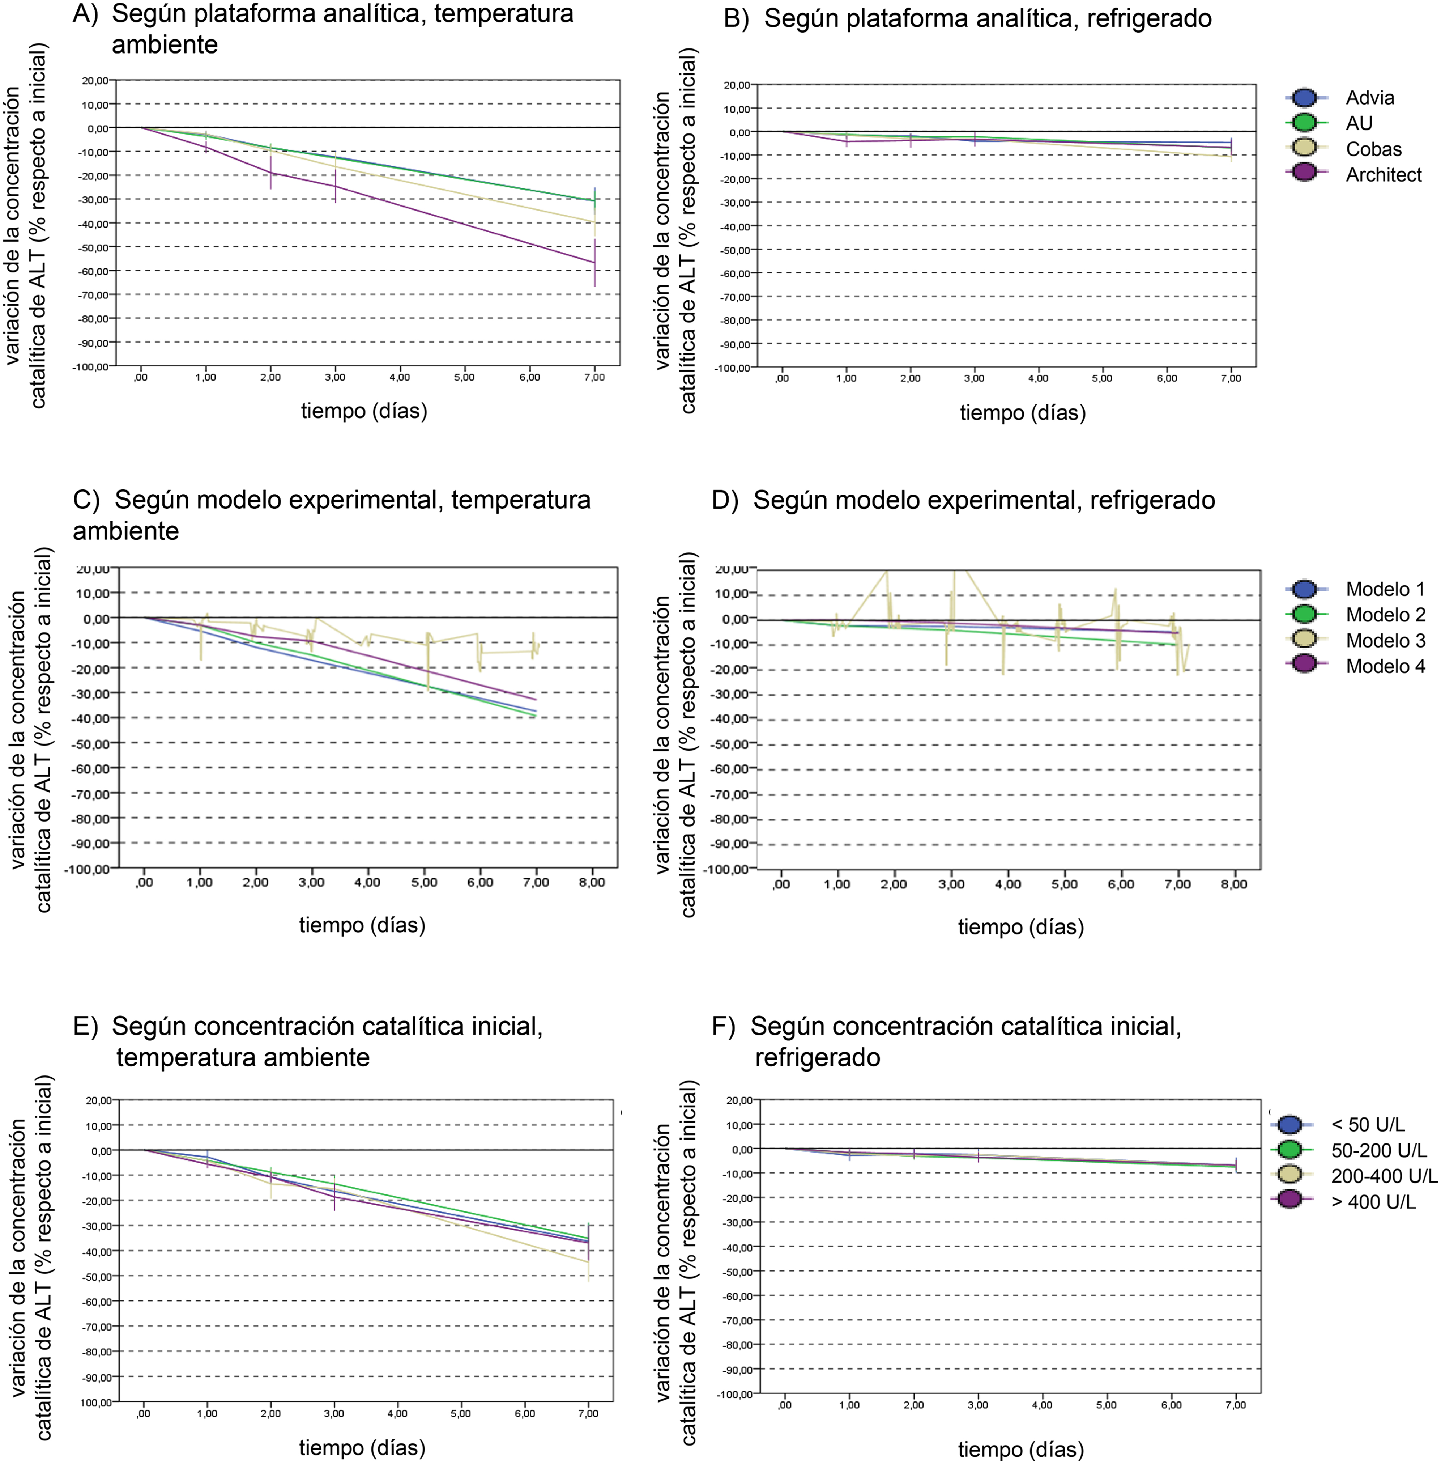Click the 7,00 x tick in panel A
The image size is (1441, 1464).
[x=594, y=377]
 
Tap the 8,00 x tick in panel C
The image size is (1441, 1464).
[x=592, y=882]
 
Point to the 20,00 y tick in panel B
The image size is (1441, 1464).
[x=736, y=85]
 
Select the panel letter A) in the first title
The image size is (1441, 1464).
[x=85, y=14]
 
